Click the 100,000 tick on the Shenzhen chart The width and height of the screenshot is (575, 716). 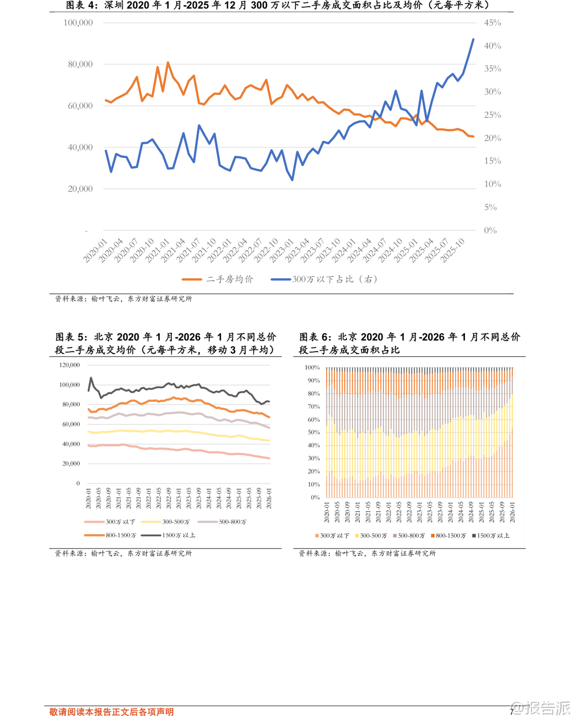pos(78,23)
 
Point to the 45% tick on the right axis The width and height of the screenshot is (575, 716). pos(492,23)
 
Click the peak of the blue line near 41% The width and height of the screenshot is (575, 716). pos(473,40)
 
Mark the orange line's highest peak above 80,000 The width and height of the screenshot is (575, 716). pos(168,63)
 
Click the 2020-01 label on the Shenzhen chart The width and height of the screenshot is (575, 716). pos(96,250)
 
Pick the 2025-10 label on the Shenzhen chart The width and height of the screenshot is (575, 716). pos(453,250)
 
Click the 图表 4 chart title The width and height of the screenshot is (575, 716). pos(277,5)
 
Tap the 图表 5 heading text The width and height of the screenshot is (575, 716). pos(165,343)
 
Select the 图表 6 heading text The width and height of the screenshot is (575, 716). pos(409,343)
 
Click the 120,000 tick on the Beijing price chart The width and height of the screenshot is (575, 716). pos(69,365)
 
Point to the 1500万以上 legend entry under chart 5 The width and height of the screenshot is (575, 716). pos(178,535)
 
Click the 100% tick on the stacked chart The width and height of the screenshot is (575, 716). pos(312,368)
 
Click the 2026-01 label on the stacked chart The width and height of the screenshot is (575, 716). pos(512,512)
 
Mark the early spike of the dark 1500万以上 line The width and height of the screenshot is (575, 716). pos(91,378)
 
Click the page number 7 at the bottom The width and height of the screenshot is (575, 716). pos(511,712)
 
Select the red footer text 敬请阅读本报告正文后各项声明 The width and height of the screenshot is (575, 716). pos(112,712)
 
